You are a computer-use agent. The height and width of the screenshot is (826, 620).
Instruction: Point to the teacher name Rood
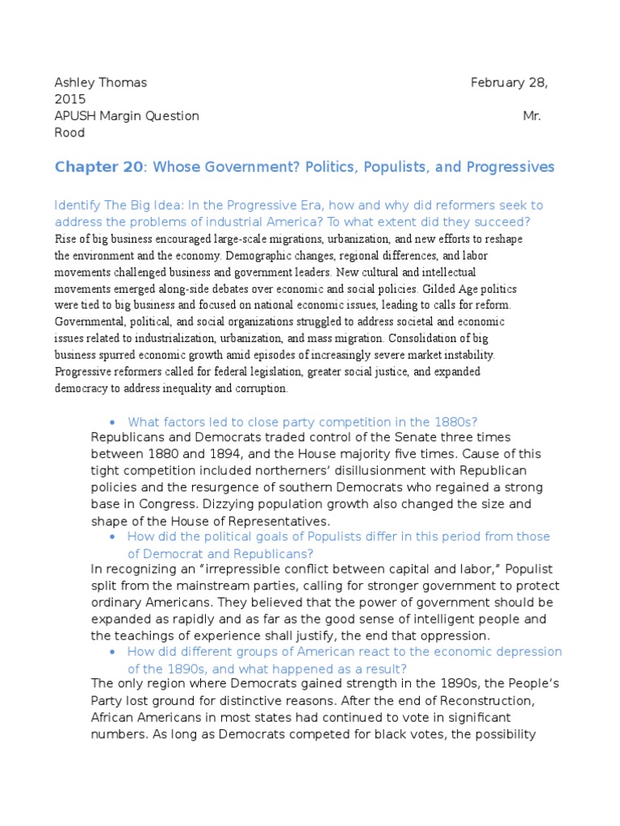[69, 132]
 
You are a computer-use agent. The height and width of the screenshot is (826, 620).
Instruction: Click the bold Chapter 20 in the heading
[96, 167]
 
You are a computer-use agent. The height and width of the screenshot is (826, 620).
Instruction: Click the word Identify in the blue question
[77, 206]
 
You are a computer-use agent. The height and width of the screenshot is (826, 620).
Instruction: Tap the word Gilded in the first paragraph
[455, 288]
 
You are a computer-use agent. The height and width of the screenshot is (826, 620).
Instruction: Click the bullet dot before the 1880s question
[111, 423]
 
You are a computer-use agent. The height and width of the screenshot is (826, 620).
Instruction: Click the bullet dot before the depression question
[111, 652]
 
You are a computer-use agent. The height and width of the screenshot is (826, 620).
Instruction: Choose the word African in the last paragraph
[115, 717]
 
